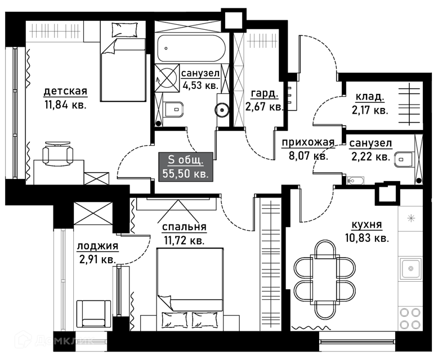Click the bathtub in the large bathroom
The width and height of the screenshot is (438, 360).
[191, 48]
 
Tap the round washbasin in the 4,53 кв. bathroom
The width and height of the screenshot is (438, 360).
[222, 109]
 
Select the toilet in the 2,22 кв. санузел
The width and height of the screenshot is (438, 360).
[404, 160]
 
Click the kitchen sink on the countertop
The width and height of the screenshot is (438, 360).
[410, 268]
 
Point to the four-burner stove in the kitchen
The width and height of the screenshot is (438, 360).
[410, 318]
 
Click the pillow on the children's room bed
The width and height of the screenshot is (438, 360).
[124, 30]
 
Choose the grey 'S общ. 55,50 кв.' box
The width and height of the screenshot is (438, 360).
[186, 167]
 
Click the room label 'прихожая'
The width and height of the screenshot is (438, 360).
[308, 142]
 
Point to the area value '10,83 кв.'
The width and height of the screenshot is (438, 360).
[367, 238]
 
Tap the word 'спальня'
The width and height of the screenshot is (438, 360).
[184, 227]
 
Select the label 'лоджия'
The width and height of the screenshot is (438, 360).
[97, 246]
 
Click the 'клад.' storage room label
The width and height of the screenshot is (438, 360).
[369, 97]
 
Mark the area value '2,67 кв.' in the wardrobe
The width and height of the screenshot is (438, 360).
[264, 106]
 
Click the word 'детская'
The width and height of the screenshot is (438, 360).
[66, 91]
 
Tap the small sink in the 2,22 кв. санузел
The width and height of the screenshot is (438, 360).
[355, 181]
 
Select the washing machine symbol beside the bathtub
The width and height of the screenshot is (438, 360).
[167, 78]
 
